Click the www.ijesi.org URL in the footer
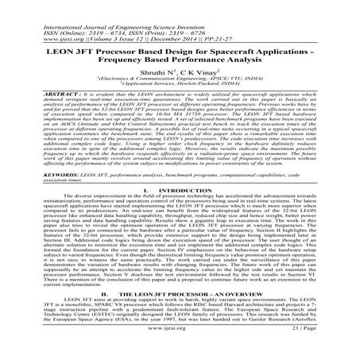pyautogui.click(x=180, y=349)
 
